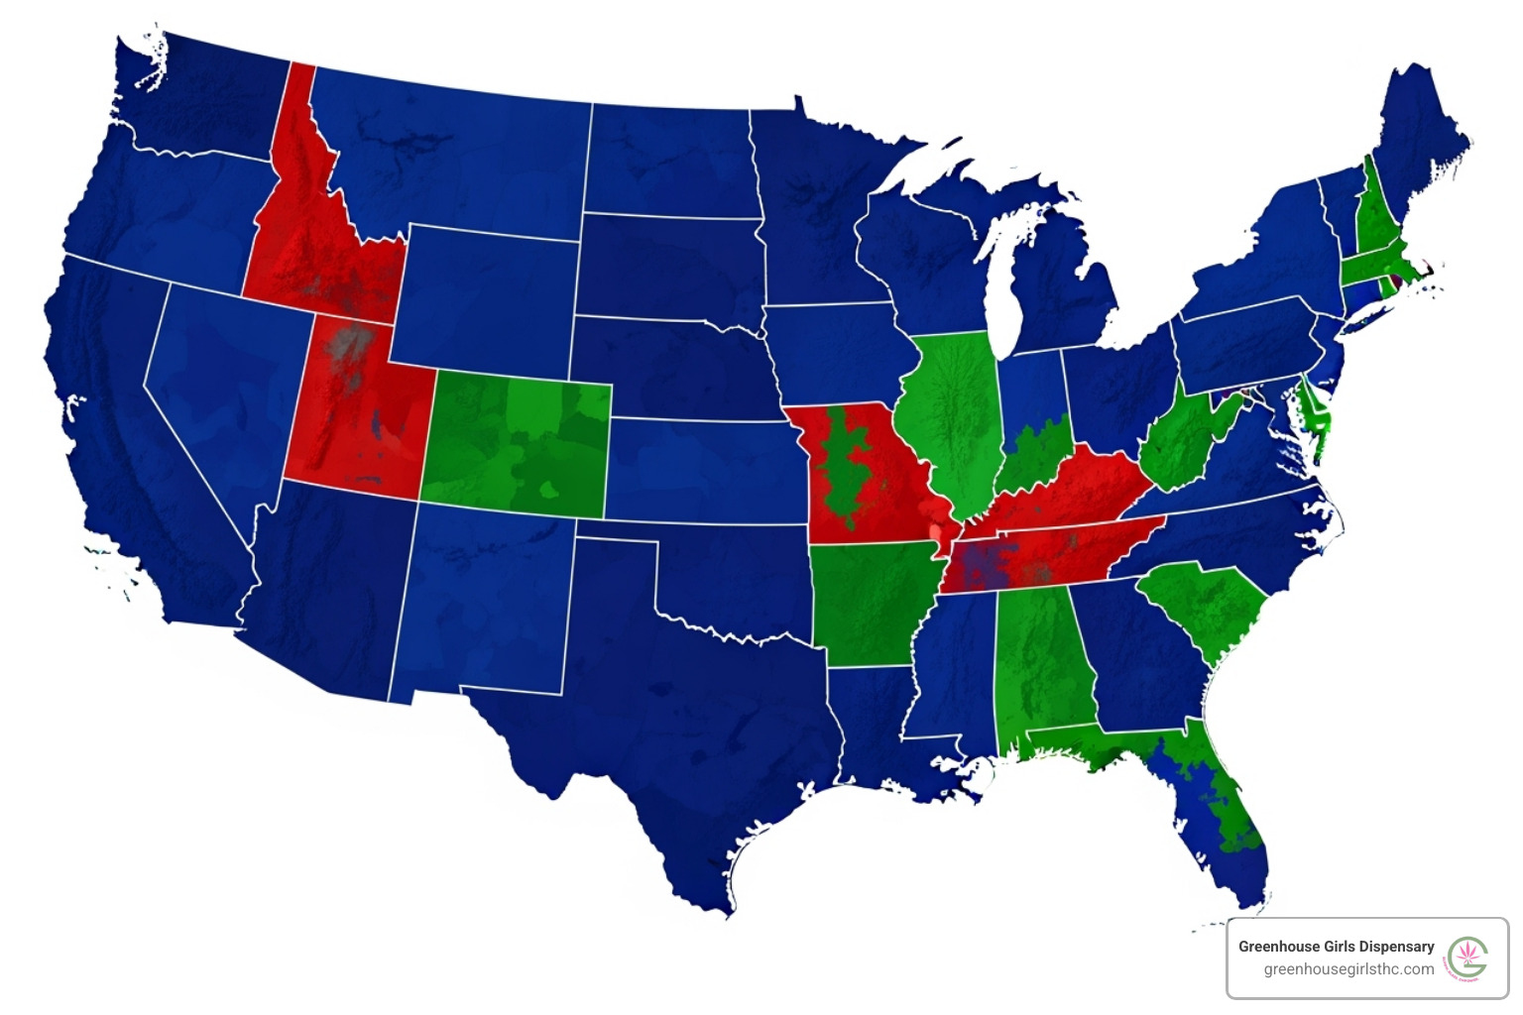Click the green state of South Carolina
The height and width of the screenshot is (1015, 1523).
point(1205,605)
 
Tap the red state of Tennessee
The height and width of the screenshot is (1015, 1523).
point(1051,560)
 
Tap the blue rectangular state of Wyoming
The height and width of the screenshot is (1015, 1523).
point(486,297)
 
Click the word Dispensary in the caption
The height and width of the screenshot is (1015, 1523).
point(1396,947)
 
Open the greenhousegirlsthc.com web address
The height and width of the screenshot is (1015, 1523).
point(1347,969)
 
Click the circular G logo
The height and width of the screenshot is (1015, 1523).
point(1467,959)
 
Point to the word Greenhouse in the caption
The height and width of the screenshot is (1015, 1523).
point(1279,947)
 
